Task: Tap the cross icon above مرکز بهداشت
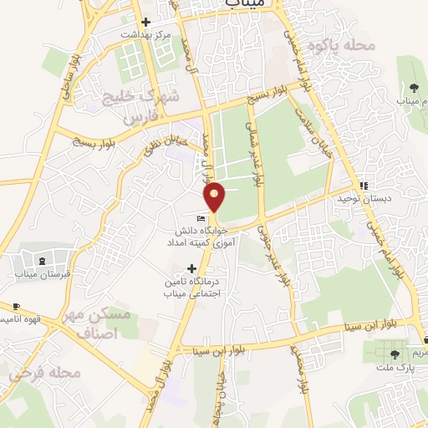pos(145,23)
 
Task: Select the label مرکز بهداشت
pos(145,35)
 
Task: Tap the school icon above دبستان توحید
pos(364,186)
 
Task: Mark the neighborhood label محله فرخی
pos(45,372)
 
